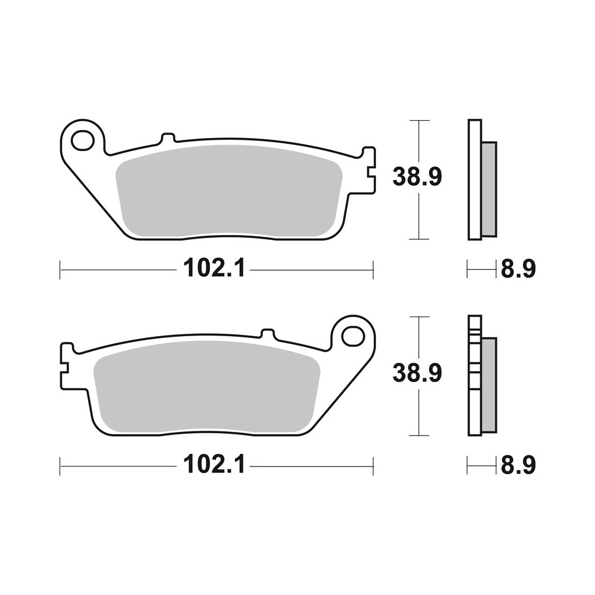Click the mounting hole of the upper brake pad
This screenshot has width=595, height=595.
coord(82,141)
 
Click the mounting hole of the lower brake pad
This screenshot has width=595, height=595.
coord(353,337)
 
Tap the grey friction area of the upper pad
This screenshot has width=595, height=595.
coord(229,190)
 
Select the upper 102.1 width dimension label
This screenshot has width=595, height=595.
coord(214,269)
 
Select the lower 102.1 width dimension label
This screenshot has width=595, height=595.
coord(214,465)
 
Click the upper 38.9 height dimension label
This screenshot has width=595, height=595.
coord(417,177)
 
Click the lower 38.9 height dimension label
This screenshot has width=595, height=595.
coord(417,373)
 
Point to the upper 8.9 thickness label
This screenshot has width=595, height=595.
coord(518,270)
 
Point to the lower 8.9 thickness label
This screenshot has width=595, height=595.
coord(518,466)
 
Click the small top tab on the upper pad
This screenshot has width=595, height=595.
coord(168,139)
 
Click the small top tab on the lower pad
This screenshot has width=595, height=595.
coord(268,334)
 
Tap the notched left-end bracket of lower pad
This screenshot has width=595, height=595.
coord(67,367)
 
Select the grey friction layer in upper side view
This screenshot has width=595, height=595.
coord(488,189)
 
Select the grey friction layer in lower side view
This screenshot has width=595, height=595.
coord(488,385)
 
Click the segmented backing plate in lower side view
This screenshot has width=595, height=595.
coord(474,375)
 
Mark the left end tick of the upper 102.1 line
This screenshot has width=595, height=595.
coord(60,270)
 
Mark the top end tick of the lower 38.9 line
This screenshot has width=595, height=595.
coord(419,317)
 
